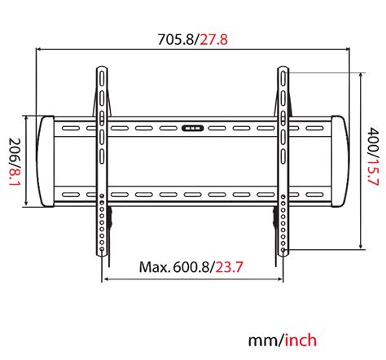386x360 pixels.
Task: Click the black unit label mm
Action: [x=263, y=339]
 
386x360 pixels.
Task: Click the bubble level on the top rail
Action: [x=193, y=128]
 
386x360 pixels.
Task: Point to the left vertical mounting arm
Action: [x=102, y=163]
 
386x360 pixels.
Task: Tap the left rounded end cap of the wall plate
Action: [x=46, y=162]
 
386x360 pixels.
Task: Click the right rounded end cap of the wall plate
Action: [x=337, y=162]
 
